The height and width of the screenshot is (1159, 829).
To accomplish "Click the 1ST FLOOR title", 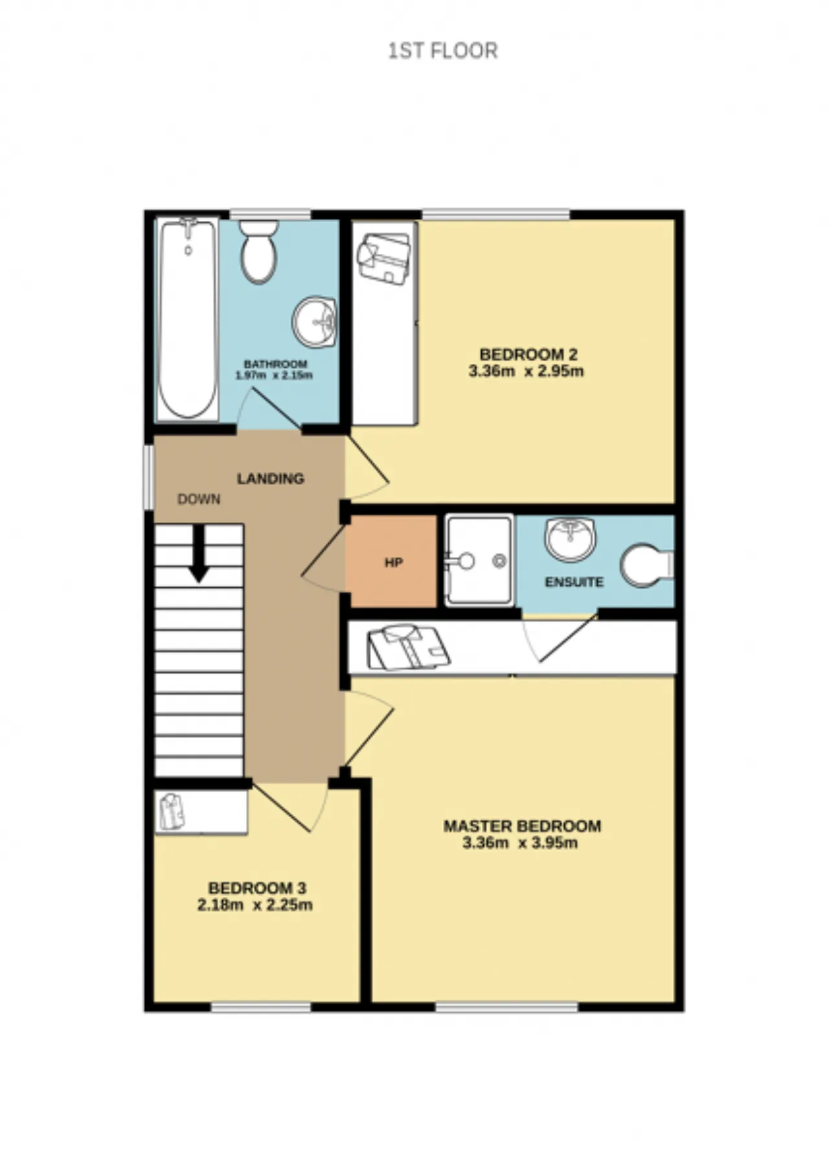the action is [443, 51].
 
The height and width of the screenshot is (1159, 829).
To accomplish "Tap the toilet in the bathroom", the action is [259, 252].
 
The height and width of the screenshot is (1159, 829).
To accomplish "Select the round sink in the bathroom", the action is [314, 322].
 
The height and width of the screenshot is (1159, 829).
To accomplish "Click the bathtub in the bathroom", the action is [187, 320].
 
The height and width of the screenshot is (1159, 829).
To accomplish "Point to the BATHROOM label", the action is [275, 364].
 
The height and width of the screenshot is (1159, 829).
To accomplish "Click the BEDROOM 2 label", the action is [528, 354].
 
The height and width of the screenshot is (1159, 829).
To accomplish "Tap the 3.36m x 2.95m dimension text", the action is [526, 372].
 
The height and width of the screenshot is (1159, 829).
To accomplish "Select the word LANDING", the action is [270, 478].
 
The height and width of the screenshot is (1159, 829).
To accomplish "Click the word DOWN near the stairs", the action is [199, 499].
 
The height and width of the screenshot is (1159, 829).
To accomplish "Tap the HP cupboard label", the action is [394, 563].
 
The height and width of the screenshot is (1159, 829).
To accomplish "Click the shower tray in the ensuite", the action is [479, 560].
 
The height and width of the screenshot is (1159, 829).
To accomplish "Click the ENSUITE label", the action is [574, 582].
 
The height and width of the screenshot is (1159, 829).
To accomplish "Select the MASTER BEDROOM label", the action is [522, 826].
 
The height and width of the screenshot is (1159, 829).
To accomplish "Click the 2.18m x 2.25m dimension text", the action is [255, 905].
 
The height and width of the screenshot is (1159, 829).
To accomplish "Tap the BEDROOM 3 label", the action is [257, 888].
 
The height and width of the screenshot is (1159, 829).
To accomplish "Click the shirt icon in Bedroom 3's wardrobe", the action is [172, 811].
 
